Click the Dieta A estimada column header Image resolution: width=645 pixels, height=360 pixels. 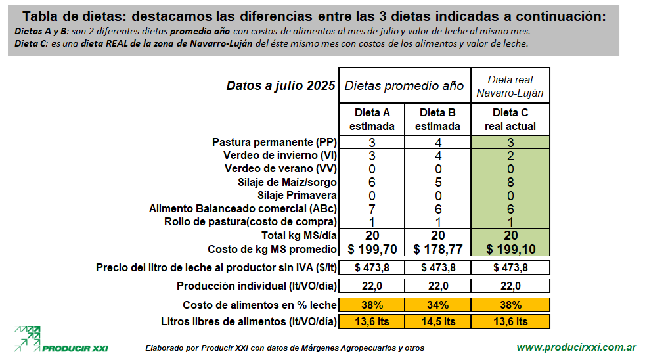coord(372,120)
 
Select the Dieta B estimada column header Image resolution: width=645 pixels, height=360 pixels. coord(437,120)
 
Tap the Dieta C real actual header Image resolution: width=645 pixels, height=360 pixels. coord(510,120)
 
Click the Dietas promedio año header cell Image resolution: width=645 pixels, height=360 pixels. coord(405,85)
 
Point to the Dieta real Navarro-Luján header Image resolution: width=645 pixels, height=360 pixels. coord(510,85)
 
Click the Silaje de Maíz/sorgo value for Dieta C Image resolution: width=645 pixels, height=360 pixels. coord(510,182)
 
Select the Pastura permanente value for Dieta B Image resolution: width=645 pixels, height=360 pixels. coord(437,143)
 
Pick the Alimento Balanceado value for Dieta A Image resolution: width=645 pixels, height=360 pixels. coord(372,208)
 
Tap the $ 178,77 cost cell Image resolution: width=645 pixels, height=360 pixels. coord(437,249)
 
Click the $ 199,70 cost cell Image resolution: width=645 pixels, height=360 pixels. coord(372,249)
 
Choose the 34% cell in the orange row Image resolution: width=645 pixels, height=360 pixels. coord(437,305)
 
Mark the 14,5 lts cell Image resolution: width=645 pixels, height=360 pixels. coord(437,322)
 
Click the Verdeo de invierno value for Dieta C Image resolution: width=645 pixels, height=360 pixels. coord(510,156)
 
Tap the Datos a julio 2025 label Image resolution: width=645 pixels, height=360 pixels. coord(280,85)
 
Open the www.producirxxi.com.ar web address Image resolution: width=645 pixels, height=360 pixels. coord(576,347)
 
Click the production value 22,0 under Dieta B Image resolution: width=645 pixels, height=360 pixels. coord(437,286)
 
